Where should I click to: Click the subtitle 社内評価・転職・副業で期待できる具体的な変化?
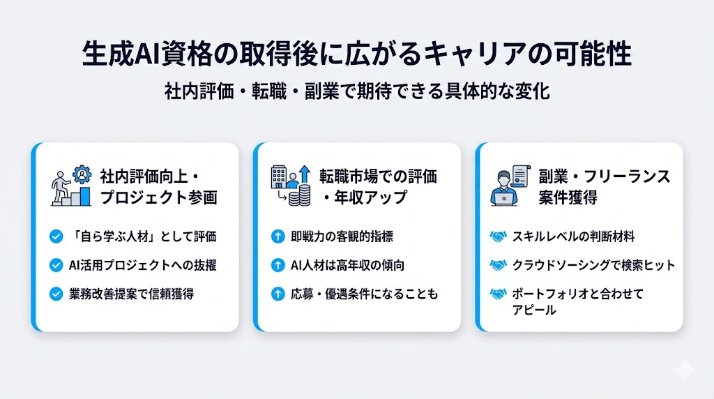click(x=357, y=91)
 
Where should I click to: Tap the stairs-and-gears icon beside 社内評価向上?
click(x=71, y=185)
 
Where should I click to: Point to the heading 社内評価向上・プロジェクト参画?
click(x=158, y=186)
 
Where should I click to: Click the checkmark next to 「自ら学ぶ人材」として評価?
click(x=57, y=236)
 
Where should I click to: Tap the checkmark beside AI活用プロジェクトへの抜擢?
click(x=57, y=265)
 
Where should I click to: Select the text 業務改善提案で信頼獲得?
click(x=133, y=294)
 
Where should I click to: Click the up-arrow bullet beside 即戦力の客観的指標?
click(x=277, y=236)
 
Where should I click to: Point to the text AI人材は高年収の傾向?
click(x=347, y=265)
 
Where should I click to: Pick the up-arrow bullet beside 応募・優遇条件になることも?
click(x=277, y=294)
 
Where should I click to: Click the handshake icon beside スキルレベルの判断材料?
click(x=498, y=236)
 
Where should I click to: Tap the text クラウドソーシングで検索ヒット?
click(x=593, y=265)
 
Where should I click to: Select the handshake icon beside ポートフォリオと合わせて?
click(x=498, y=294)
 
